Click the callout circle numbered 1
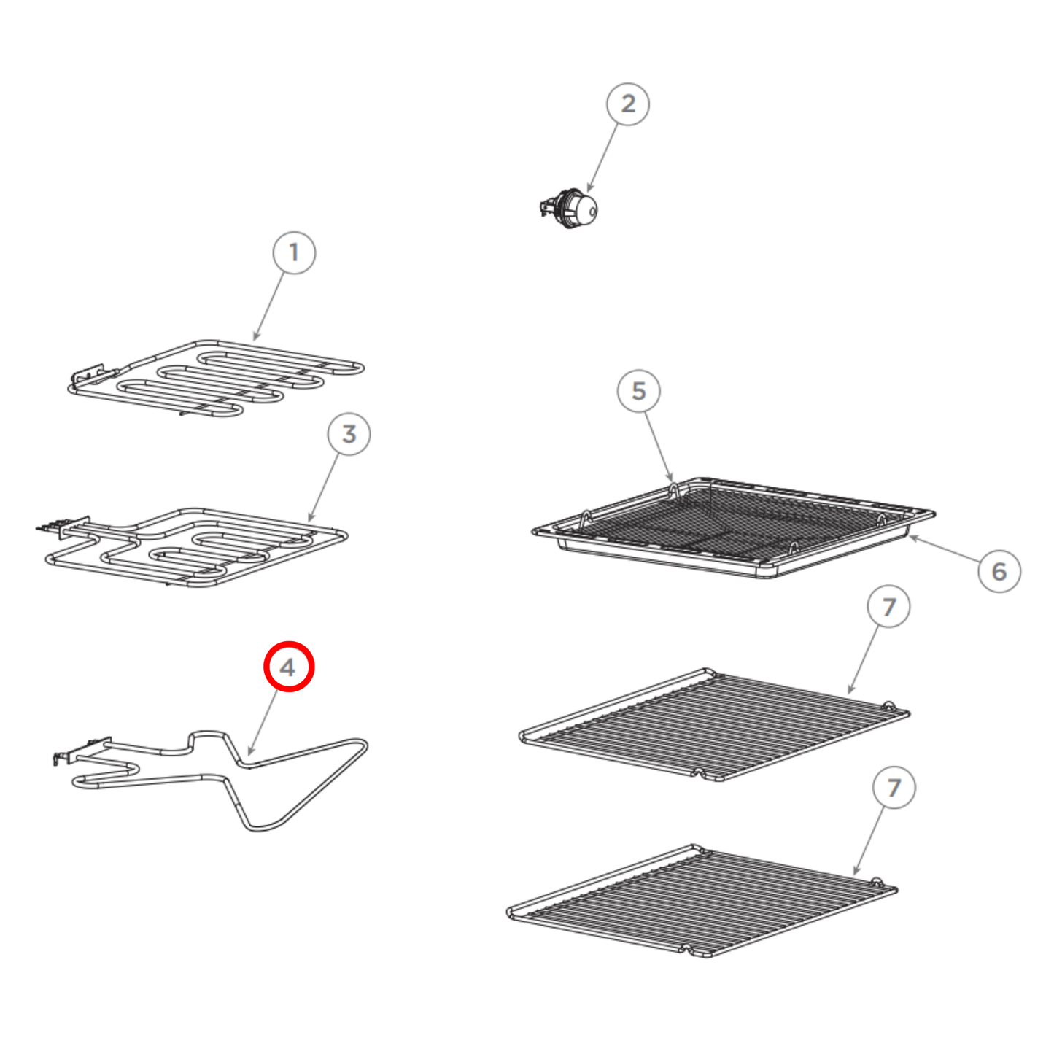click(294, 252)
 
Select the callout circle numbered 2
click(628, 104)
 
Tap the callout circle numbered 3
click(349, 434)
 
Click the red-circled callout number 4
click(288, 667)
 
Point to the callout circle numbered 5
click(639, 390)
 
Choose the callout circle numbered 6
click(999, 571)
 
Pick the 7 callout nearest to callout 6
click(889, 607)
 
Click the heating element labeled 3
click(191, 547)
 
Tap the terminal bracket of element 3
click(63, 526)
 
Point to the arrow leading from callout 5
click(659, 446)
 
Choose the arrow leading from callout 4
click(263, 723)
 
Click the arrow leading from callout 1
click(268, 307)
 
